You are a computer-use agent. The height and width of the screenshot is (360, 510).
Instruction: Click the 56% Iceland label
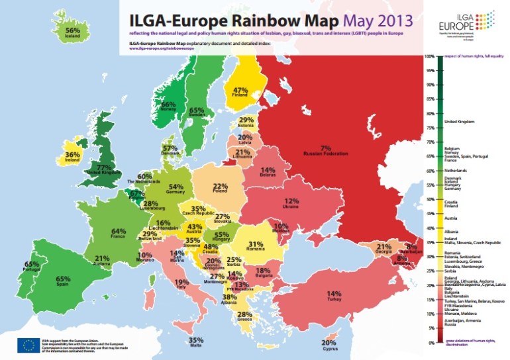tap(73, 34)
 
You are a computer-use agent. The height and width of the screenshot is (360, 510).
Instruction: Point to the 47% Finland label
tap(239, 93)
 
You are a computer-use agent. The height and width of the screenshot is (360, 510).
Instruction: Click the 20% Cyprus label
tap(329, 345)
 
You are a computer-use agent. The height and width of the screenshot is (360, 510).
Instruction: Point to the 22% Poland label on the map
tap(220, 190)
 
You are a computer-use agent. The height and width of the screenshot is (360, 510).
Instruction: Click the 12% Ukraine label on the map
tap(291, 204)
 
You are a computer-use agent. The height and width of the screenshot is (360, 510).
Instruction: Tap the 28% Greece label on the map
tap(244, 317)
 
